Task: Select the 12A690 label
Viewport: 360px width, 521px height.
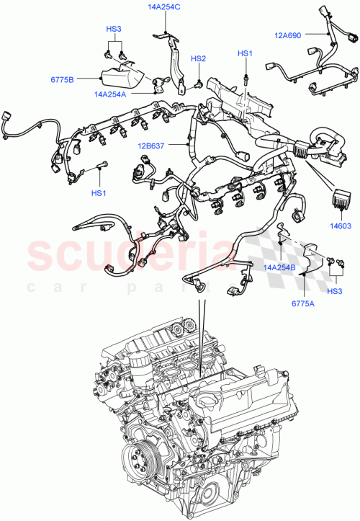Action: pyautogui.click(x=289, y=33)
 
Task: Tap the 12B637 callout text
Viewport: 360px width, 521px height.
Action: pyautogui.click(x=153, y=147)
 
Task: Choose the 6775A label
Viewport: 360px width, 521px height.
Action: pyautogui.click(x=304, y=304)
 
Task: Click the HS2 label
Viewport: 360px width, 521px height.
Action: pyautogui.click(x=198, y=58)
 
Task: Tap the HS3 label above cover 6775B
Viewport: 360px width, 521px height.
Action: pyautogui.click(x=114, y=30)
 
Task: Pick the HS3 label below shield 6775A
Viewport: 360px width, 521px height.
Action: pyautogui.click(x=335, y=291)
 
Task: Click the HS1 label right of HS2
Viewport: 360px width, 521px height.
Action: pyautogui.click(x=246, y=53)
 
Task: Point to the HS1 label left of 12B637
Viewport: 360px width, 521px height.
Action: pyautogui.click(x=98, y=192)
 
